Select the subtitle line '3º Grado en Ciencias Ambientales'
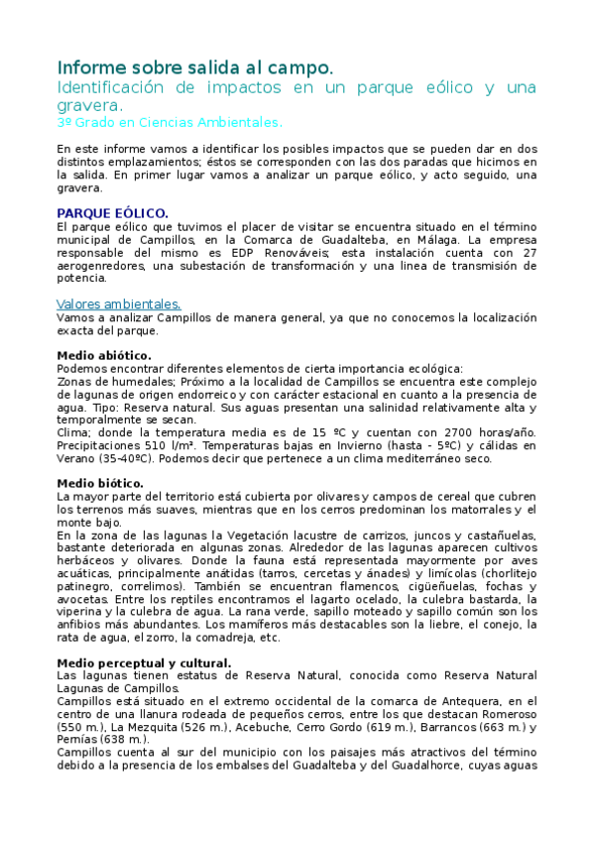point(170,122)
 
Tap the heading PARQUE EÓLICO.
point(113,213)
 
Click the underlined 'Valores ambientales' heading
point(119,303)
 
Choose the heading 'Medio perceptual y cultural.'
point(145,662)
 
